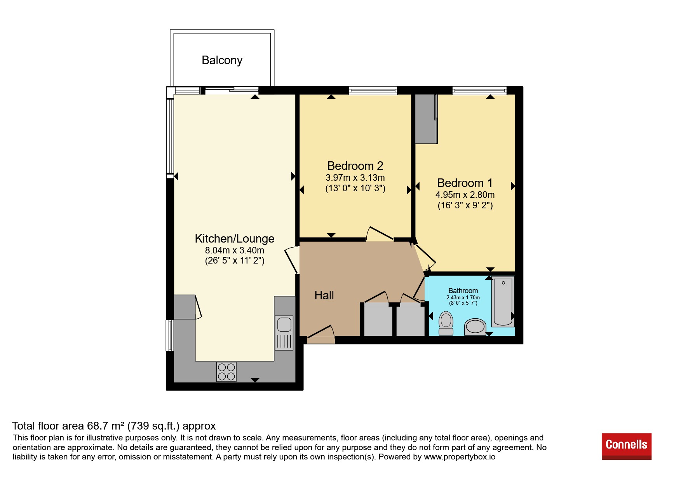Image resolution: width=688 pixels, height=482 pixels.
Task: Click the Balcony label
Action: pyautogui.click(x=222, y=60)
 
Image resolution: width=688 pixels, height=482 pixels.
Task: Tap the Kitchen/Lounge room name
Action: pyautogui.click(x=235, y=238)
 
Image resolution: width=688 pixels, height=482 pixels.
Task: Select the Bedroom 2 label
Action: pyautogui.click(x=355, y=166)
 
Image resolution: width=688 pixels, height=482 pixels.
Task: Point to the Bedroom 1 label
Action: pyautogui.click(x=465, y=183)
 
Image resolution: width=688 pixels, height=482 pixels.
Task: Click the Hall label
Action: pyautogui.click(x=324, y=295)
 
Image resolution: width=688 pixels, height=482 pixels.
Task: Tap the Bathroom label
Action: pyautogui.click(x=463, y=291)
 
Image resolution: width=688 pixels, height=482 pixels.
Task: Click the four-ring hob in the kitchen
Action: pyautogui.click(x=226, y=372)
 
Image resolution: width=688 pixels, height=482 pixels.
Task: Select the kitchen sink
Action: pyautogui.click(x=284, y=333)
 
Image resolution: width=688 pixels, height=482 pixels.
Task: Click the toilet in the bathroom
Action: pyautogui.click(x=446, y=323)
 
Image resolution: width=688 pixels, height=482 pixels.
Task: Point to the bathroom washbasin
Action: pyautogui.click(x=475, y=327)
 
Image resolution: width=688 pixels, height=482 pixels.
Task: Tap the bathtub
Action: pyautogui.click(x=503, y=302)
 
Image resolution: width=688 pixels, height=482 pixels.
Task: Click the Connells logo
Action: pyautogui.click(x=626, y=446)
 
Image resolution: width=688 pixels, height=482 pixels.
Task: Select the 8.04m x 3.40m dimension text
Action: pyautogui.click(x=235, y=250)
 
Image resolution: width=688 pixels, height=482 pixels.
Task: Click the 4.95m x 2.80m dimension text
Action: pyautogui.click(x=465, y=195)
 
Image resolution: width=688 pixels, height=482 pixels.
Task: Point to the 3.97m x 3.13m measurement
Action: pyautogui.click(x=355, y=178)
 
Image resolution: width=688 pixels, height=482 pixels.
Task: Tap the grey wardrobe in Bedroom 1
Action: pyautogui.click(x=426, y=119)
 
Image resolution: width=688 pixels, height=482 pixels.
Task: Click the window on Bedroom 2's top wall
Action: pyautogui.click(x=373, y=91)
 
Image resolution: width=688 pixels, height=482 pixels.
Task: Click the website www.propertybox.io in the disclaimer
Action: pyautogui.click(x=460, y=457)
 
